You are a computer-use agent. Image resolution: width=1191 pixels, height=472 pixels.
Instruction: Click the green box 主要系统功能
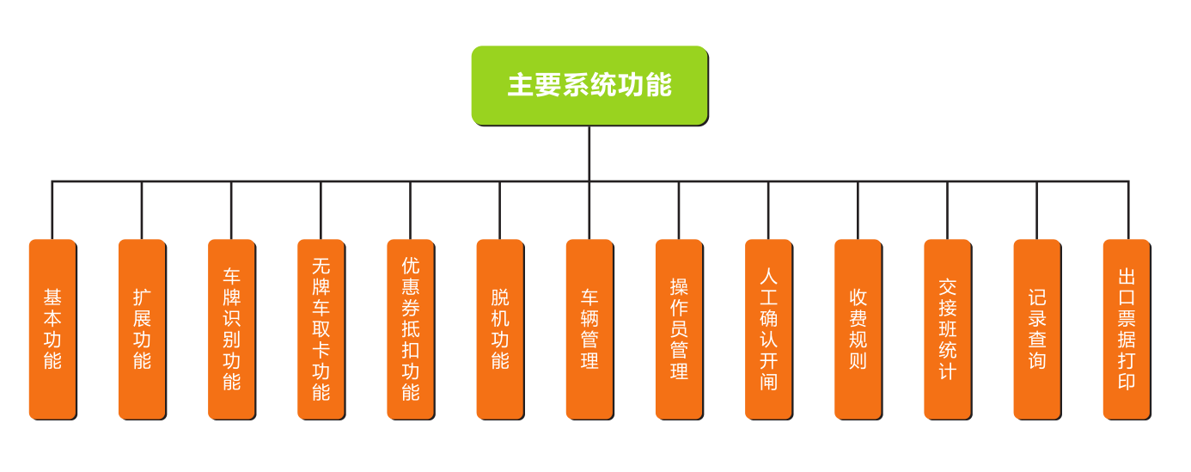point(589,85)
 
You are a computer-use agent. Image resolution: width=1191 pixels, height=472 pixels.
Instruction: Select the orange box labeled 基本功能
point(52,329)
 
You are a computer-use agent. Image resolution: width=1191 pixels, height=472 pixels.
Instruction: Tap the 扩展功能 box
point(142,329)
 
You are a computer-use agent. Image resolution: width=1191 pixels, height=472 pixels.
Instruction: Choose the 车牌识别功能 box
point(231,329)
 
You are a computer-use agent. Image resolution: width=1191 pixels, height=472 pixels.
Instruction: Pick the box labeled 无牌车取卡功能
point(321,329)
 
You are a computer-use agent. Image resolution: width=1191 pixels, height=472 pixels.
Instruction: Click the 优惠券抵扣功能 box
point(411,329)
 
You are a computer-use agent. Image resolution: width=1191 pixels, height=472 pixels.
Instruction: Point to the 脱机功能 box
point(500,329)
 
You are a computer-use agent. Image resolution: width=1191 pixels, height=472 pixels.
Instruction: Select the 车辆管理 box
point(589,329)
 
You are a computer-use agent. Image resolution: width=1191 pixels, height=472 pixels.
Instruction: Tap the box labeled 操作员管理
point(679,329)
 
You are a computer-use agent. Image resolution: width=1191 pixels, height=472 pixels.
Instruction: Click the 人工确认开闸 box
point(768,329)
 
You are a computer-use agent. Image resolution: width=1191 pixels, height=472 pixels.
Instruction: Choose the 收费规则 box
point(858,329)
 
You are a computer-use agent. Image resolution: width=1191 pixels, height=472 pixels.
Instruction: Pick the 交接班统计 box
point(947,329)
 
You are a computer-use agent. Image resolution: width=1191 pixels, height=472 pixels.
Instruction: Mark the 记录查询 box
point(1037,329)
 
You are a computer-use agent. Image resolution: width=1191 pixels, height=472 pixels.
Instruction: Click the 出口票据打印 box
point(1127,329)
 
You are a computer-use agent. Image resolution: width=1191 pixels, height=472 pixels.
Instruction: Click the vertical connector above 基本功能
point(52,211)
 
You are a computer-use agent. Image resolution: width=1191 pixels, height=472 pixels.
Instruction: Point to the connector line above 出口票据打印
point(1127,211)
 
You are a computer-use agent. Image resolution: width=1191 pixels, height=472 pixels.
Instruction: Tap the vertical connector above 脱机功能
point(500,211)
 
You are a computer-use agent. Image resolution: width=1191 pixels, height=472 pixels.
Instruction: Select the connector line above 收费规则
point(858,211)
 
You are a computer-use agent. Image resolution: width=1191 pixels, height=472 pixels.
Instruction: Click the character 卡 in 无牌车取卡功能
point(321,351)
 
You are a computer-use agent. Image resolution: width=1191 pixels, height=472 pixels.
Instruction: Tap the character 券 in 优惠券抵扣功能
point(411,307)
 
